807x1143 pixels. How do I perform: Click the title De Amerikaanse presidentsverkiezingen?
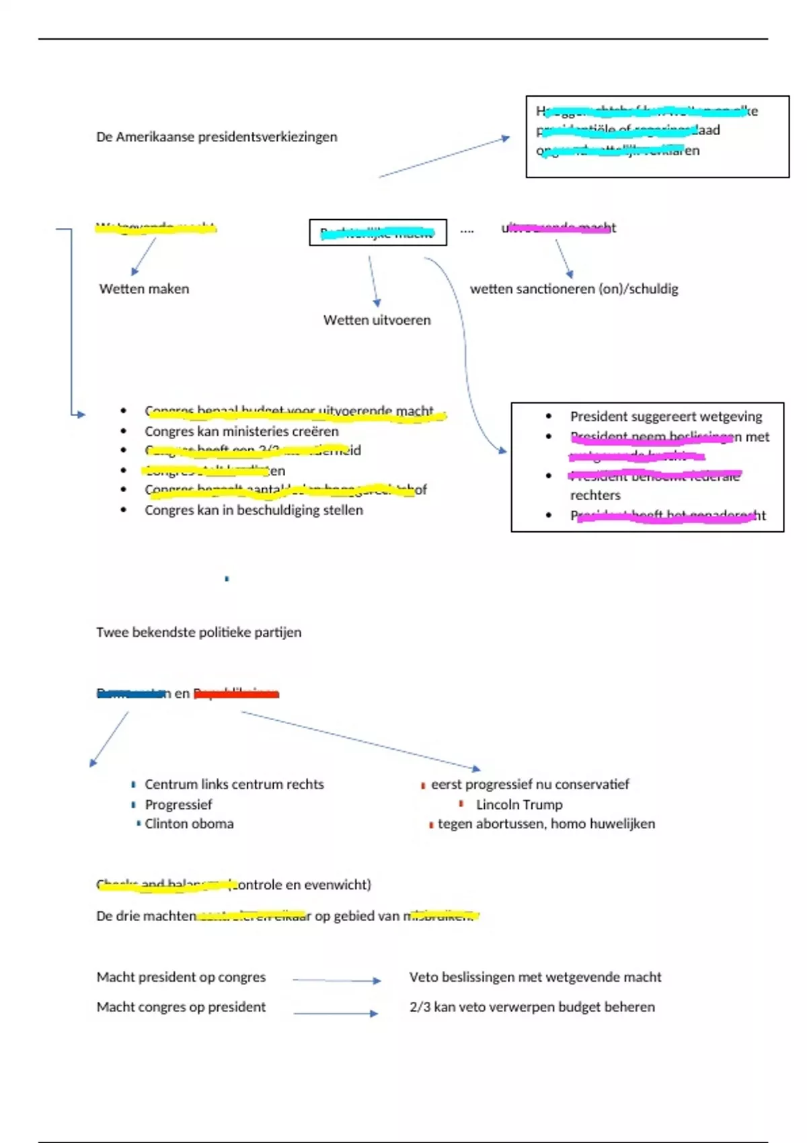point(217,137)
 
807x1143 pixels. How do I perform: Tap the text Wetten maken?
point(144,289)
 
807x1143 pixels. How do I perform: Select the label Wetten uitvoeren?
point(377,321)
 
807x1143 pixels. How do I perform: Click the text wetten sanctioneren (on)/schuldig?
point(574,289)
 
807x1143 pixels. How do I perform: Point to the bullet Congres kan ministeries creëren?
point(241,432)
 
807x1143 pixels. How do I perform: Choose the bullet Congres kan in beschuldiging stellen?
point(254,510)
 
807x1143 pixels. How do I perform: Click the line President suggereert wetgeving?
point(666,417)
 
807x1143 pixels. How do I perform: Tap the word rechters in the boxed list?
point(595,496)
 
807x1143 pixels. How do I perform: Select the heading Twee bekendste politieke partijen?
point(198,633)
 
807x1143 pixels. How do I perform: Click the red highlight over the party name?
point(236,694)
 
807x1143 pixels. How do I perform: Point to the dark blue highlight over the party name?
point(132,694)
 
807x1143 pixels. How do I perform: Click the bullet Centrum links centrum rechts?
point(234,785)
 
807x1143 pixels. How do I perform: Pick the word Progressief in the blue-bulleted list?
point(178,805)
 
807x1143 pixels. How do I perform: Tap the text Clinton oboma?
point(189,824)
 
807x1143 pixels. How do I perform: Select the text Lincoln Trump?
point(519,805)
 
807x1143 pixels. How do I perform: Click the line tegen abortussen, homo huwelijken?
point(546,824)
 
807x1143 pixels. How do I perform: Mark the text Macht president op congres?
point(181,978)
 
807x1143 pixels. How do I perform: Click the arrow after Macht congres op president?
point(336,1013)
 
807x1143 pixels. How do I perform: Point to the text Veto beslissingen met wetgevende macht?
point(535,978)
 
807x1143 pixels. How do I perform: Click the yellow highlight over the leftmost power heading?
point(155,229)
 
